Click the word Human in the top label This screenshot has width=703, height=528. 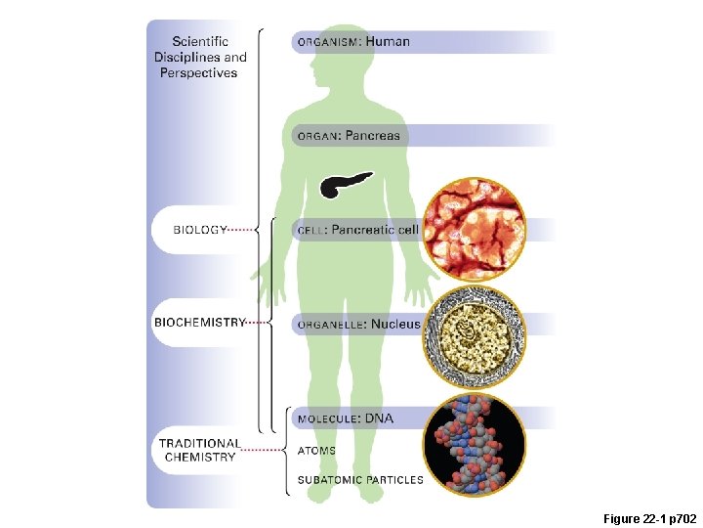[388, 42]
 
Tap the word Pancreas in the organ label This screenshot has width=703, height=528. [372, 135]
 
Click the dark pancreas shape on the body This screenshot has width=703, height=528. [345, 184]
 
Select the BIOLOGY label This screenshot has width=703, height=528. [200, 230]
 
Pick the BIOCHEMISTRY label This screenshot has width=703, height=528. [199, 322]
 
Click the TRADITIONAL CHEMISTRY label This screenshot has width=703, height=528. [199, 450]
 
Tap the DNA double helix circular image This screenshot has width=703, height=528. [474, 445]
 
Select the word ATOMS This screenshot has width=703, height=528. [315, 451]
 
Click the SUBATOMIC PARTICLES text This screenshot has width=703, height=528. [360, 480]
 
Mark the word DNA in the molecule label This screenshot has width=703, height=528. [380, 418]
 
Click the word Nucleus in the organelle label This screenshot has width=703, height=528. [395, 324]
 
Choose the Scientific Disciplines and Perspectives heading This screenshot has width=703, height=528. [200, 57]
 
